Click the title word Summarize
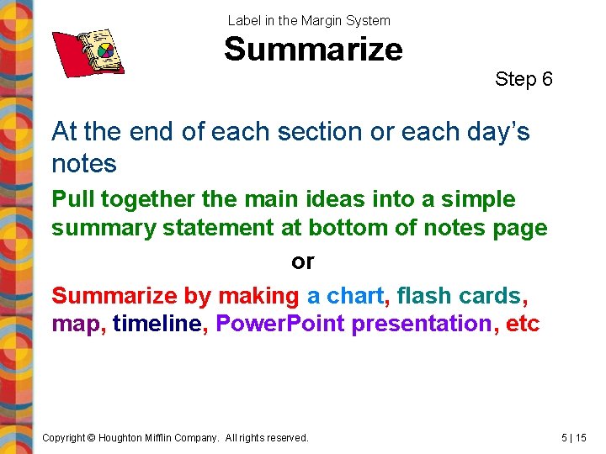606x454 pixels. [313, 49]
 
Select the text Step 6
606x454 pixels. [524, 79]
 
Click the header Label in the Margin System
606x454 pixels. [309, 20]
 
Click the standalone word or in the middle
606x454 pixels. [302, 261]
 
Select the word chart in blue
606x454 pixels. [355, 296]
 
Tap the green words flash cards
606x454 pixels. [459, 296]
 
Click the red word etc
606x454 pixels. [523, 324]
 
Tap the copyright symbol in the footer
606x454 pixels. [93, 437]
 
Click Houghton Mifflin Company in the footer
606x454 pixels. [160, 437]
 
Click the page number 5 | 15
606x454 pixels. [573, 437]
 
